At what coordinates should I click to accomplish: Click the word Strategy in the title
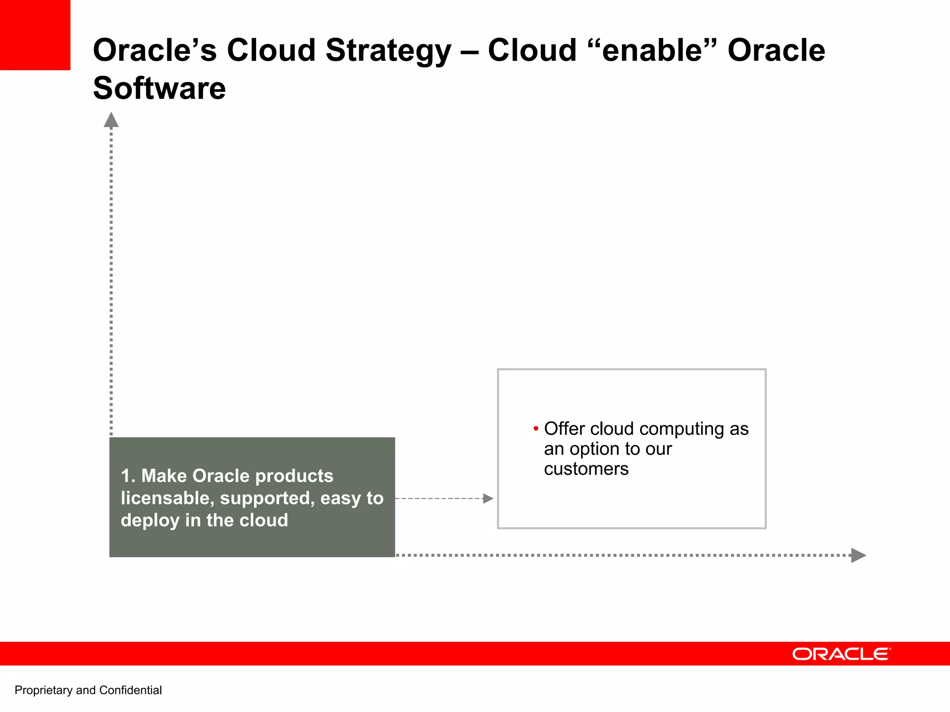point(388,51)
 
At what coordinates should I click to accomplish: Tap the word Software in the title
point(159,88)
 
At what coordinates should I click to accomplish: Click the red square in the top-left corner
point(35,35)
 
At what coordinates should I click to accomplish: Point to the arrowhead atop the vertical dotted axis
point(111,120)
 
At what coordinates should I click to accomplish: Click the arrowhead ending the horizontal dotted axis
point(858,555)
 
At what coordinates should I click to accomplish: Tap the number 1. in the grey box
point(128,476)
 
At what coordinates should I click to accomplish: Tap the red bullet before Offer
point(536,428)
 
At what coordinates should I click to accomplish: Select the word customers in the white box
point(586,469)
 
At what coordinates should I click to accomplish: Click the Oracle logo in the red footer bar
point(841,654)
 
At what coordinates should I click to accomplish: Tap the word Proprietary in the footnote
point(44,691)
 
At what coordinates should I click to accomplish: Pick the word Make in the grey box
point(164,476)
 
